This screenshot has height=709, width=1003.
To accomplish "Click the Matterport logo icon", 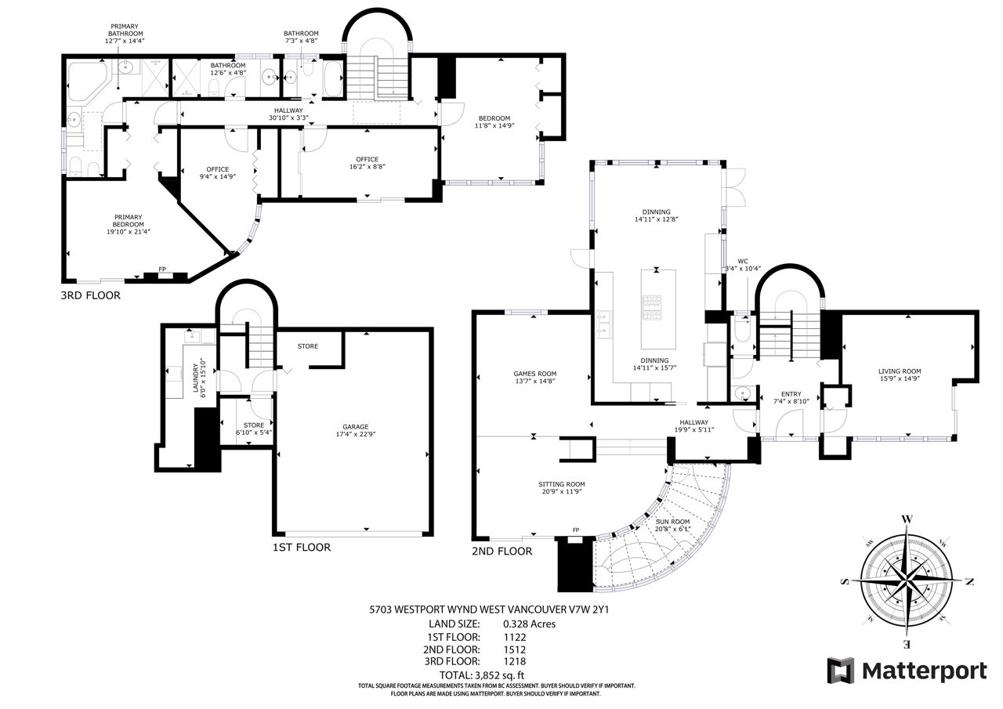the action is (841, 670).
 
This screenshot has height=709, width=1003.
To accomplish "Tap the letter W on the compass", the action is (907, 519).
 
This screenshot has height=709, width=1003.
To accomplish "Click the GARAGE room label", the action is (356, 426).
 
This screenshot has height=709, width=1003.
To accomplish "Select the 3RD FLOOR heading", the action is (90, 295).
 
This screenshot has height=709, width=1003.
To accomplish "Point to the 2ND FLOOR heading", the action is (502, 551).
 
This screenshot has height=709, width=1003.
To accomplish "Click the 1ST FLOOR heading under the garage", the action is (302, 547).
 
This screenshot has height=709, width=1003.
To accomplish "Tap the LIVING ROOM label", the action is (900, 371).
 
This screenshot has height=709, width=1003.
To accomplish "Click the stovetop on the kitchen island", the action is (652, 308).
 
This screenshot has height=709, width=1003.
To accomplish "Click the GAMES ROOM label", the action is (535, 373).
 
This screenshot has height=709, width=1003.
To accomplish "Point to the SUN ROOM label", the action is (672, 522).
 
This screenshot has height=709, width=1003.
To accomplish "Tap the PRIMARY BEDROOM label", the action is (128, 221).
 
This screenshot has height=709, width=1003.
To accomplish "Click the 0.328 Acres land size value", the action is (529, 624).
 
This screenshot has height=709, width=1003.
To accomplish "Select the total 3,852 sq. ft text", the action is (482, 675).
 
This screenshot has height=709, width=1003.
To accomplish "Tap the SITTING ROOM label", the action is (562, 484).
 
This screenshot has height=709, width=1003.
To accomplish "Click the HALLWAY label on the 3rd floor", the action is (288, 110).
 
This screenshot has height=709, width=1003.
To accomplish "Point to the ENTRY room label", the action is (791, 394).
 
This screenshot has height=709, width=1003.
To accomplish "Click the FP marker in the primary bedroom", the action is (162, 269).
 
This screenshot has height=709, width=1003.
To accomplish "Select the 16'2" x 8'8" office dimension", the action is (368, 167).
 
